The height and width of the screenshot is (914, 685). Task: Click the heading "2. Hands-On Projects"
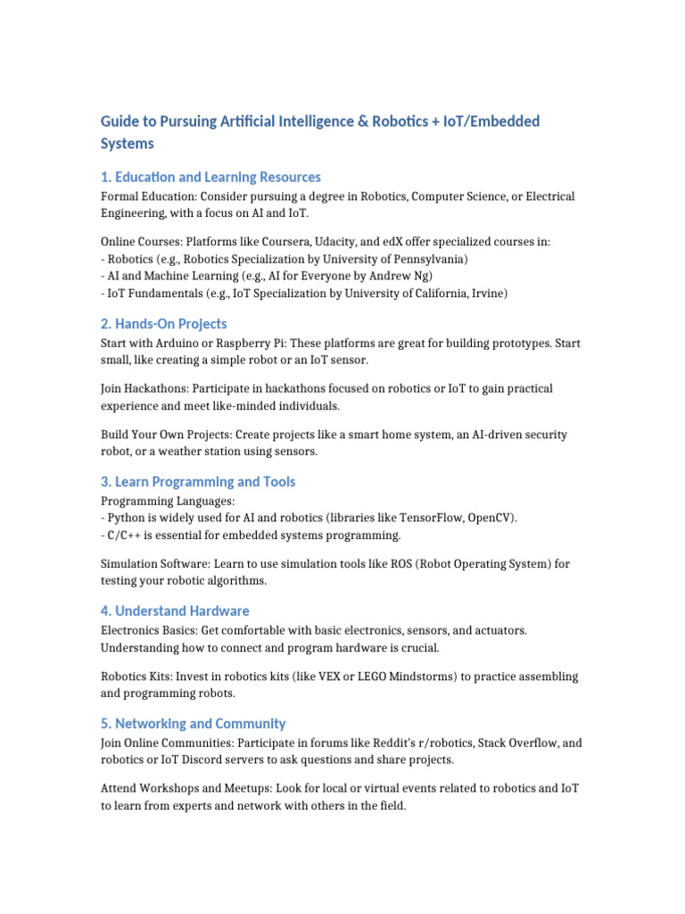click(163, 324)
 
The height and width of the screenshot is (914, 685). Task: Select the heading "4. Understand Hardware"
click(175, 611)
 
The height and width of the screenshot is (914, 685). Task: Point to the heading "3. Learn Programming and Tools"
click(198, 482)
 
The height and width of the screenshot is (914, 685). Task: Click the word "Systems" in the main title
click(127, 144)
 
